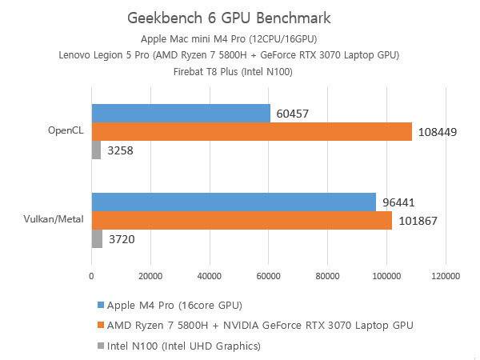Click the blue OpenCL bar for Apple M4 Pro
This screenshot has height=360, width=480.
click(181, 113)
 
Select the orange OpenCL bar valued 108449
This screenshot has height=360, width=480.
click(251, 131)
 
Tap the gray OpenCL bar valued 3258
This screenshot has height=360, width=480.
click(96, 150)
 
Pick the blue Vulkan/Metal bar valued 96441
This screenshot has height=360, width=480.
click(234, 202)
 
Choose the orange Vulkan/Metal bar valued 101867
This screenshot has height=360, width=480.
click(242, 221)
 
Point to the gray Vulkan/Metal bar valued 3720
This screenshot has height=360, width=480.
click(97, 238)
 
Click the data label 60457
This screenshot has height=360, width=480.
click(293, 114)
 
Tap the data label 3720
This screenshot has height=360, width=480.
click(122, 239)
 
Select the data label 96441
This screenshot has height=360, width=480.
click(398, 203)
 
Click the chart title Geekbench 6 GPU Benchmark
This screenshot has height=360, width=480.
click(229, 18)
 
